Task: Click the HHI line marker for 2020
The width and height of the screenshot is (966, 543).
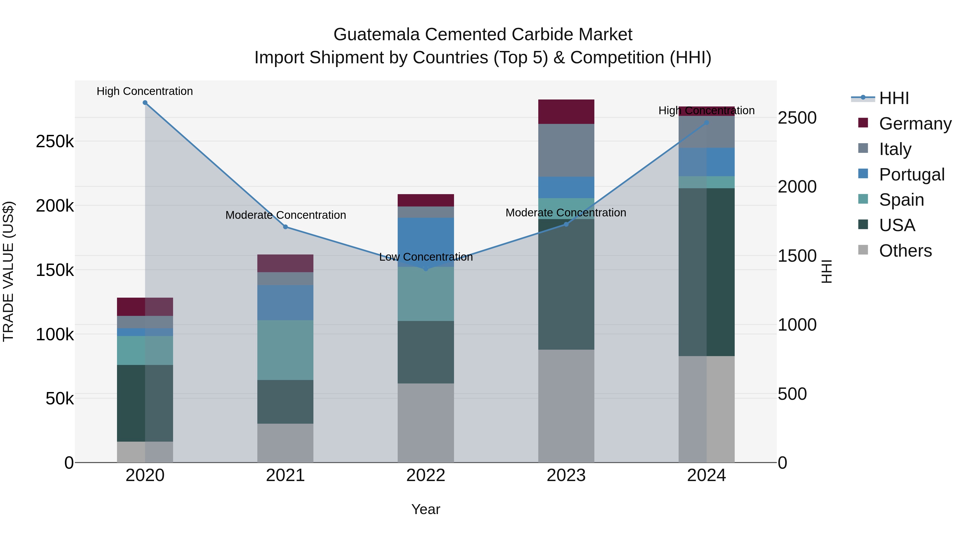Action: point(145,103)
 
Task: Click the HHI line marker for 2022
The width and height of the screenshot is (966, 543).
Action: point(426,269)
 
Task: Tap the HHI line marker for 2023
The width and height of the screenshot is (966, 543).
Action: point(566,224)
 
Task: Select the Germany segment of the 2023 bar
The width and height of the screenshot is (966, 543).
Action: point(566,112)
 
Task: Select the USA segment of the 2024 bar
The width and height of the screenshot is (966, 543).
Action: point(707,272)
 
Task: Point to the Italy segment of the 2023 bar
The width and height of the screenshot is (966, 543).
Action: point(566,150)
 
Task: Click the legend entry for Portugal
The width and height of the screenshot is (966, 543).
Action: point(912,175)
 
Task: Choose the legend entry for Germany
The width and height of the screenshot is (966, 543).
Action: point(915,124)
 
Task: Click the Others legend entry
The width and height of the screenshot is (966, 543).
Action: point(905,251)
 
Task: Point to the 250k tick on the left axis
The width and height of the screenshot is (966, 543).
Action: point(55,142)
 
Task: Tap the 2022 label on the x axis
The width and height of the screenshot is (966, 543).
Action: point(426,475)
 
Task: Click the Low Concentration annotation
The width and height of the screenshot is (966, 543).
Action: point(426,257)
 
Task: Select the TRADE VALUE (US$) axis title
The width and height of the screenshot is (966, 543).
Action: point(9,271)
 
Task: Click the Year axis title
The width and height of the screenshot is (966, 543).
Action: point(426,509)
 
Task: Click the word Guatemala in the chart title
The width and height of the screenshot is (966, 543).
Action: point(376,35)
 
